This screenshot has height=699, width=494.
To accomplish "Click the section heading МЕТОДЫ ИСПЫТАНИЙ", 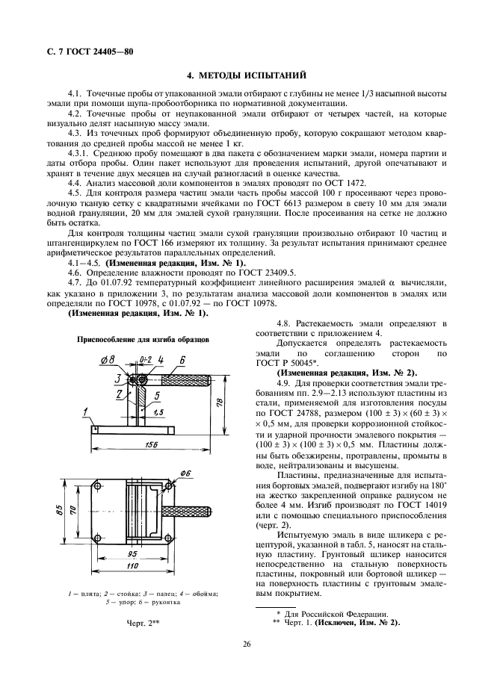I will [246, 75].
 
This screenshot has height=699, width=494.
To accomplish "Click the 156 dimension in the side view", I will [152, 444].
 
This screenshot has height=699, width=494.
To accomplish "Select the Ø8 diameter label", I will [108, 361].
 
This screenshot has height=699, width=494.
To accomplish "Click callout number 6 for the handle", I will [182, 359].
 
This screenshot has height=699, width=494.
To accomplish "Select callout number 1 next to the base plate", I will [86, 411].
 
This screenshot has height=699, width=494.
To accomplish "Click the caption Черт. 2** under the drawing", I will [143, 621].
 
